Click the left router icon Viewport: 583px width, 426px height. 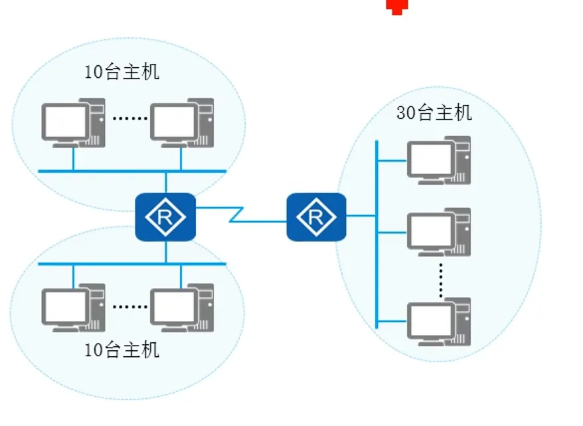165,217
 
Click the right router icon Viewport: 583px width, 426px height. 316,217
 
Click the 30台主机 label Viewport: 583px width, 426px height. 434,112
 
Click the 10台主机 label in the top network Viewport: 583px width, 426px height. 122,72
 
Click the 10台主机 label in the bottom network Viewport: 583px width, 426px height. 122,349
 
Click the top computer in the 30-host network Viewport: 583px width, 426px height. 439,160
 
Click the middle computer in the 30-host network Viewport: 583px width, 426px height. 439,232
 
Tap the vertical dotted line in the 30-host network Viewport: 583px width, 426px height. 440,278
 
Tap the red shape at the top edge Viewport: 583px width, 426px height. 397,7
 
